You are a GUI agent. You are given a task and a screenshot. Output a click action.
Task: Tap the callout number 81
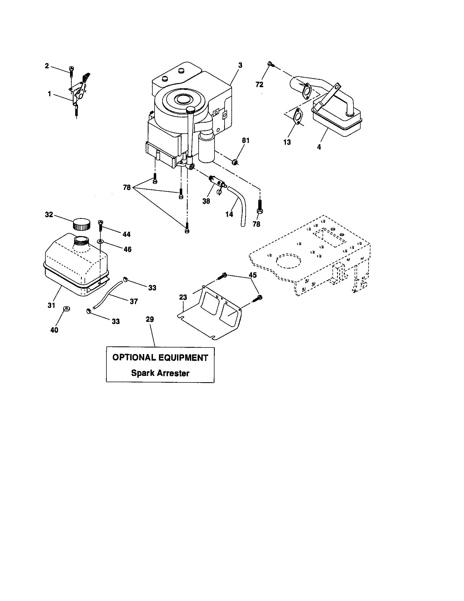tap(245, 141)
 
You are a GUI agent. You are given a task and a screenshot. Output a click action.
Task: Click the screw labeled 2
tap(71, 70)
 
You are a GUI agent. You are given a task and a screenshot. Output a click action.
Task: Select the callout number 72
tap(259, 85)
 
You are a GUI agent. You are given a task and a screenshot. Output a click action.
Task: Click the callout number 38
tap(206, 201)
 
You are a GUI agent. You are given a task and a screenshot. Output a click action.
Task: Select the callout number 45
tap(253, 275)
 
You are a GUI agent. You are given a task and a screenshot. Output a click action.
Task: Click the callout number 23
tap(183, 297)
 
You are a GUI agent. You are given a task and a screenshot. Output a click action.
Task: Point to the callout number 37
tap(134, 302)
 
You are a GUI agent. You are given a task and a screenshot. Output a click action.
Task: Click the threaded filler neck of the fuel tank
tap(82, 241)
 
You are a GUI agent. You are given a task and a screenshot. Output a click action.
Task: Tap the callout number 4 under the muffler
tap(319, 147)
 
